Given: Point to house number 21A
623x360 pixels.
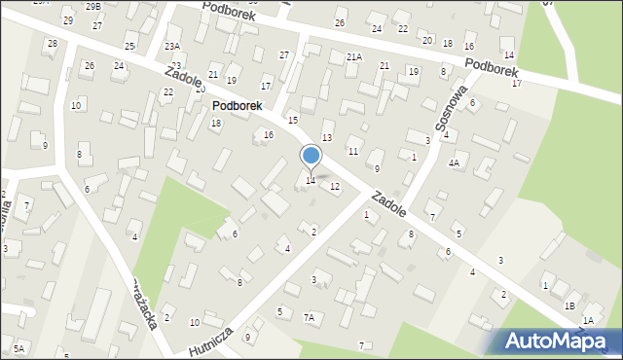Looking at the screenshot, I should [354, 57].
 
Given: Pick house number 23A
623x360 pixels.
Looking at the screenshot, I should [172, 47].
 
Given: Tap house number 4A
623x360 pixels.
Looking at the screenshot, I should [454, 163].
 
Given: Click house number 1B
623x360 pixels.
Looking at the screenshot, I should [569, 306].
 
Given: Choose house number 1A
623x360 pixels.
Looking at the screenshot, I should [588, 320].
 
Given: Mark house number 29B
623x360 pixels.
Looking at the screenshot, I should [92, 6].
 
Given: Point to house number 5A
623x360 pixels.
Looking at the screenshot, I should [18, 348].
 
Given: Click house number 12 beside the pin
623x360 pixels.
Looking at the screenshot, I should [335, 186].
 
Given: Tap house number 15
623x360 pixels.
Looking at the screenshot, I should [293, 120].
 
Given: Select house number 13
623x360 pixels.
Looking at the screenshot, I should [327, 138].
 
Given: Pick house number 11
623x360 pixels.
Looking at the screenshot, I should [353, 152].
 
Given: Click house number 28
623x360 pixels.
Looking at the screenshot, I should [52, 44].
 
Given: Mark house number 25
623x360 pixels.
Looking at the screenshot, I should [129, 47].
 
